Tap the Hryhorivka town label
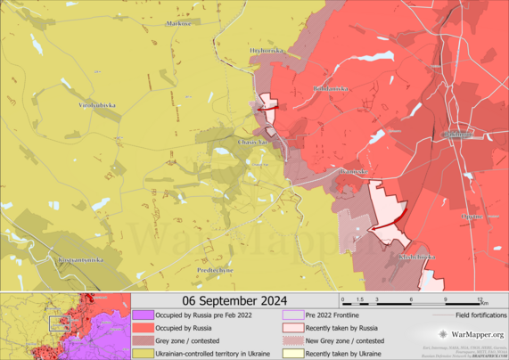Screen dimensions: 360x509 267,52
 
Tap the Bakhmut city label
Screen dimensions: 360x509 458,135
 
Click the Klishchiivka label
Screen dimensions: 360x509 417,257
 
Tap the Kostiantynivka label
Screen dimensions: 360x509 80,259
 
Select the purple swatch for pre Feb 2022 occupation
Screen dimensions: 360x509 144,315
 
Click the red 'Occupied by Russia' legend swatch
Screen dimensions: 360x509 144,327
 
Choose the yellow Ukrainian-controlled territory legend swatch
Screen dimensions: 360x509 144,353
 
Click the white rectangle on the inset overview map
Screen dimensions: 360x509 60,323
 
